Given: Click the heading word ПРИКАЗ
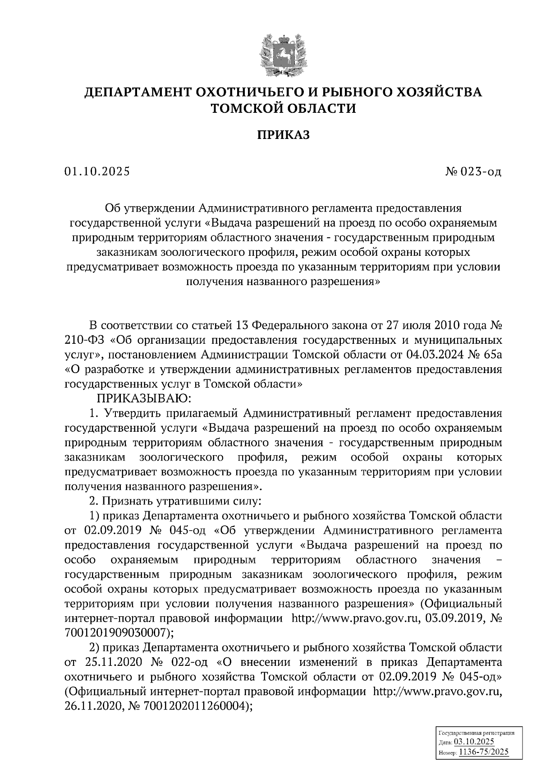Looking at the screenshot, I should pos(284,134).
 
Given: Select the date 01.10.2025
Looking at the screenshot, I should pos(97,172).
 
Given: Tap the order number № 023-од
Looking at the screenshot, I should pos(473,172).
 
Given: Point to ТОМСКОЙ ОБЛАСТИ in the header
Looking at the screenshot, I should pos(284,108).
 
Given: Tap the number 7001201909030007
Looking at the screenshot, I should pos(118,632).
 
